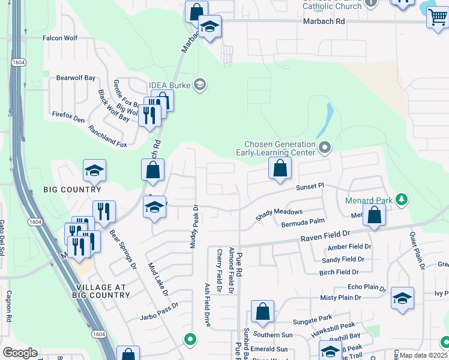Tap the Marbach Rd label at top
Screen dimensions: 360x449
[x=324, y=21]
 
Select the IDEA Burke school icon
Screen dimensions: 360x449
[x=200, y=85]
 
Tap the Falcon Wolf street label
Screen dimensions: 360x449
[x=60, y=38]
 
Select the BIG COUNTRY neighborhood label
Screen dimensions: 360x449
[x=73, y=190]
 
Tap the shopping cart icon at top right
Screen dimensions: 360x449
[x=438, y=18]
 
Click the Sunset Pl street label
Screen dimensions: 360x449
[x=310, y=187]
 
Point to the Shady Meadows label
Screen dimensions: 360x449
[x=279, y=214]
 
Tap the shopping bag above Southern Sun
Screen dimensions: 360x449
[x=262, y=312]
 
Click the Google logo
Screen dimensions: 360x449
[x=20, y=353]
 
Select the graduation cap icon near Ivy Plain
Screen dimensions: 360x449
[x=402, y=298]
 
